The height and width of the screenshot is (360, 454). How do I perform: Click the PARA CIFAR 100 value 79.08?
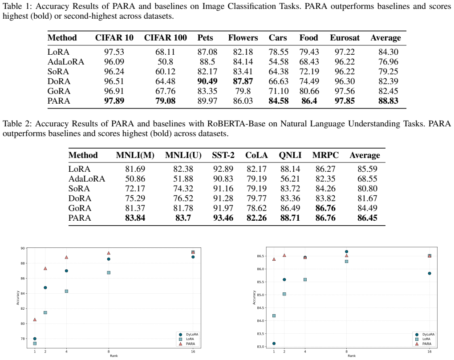pos(165,101)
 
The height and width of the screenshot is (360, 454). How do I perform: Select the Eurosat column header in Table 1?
pos(345,38)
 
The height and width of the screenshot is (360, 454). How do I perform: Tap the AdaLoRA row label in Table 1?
pos(66,62)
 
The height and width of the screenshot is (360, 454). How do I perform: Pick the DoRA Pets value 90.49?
pos(207,81)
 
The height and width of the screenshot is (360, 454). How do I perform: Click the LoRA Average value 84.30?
pos(388,52)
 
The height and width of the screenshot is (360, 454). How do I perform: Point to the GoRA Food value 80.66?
pos(309,91)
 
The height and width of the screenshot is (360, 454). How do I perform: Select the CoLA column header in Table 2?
pos(256,155)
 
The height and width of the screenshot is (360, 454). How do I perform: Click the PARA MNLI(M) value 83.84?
pos(135,218)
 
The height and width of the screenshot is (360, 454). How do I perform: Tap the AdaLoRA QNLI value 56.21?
pos(290,179)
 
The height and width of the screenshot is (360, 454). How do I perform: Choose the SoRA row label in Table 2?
pos(79,189)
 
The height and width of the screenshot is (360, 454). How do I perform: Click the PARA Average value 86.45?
pos(367,218)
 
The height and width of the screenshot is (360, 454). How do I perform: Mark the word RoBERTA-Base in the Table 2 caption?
pos(236,124)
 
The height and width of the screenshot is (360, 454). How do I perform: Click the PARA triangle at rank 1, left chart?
pos(35,320)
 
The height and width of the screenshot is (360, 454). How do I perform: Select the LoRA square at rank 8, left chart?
pos(109,273)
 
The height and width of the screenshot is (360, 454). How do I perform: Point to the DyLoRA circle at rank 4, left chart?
pos(66,271)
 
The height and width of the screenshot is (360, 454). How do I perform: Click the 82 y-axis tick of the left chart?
pos(23,308)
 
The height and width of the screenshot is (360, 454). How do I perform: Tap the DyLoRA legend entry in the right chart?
pos(426,335)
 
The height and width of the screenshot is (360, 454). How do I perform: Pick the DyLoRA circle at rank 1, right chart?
pos(274,344)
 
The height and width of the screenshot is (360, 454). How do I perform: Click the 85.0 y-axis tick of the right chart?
pos(260,295)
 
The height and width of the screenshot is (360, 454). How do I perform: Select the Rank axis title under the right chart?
pos(352,356)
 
